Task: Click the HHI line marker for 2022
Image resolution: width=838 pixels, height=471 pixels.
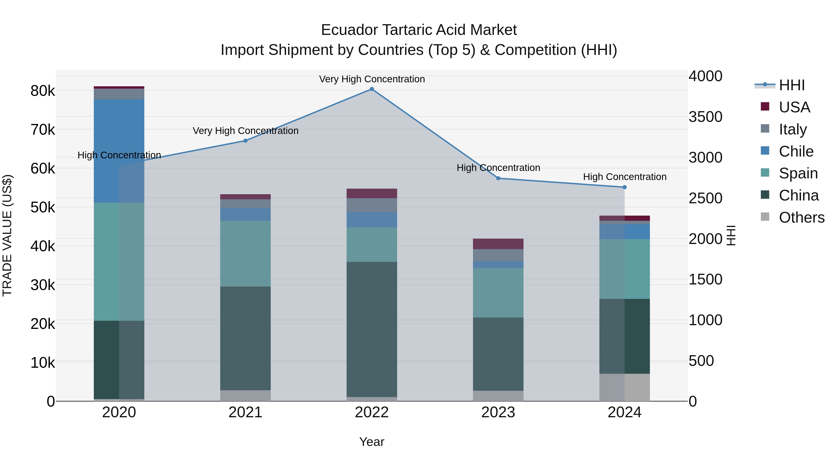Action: pos(372,89)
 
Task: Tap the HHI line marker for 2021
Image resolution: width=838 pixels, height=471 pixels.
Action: pos(246,141)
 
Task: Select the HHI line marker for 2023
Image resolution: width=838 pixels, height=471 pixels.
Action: pos(498,178)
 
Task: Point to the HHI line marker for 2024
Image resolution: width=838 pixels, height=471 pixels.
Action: pos(625,187)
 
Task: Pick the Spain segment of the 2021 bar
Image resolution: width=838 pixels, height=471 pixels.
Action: pos(246,254)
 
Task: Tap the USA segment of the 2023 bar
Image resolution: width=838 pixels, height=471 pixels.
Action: pos(498,244)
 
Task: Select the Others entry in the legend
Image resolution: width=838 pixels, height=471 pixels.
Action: pos(801,217)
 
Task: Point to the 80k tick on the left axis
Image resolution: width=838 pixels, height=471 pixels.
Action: pos(43,91)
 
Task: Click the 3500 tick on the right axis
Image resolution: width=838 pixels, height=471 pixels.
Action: pos(705,117)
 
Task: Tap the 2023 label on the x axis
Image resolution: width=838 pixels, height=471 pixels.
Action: pos(498,412)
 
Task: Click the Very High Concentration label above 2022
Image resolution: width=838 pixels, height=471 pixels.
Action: pos(372,79)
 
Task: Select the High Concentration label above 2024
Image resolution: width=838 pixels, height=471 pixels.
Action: pos(625,177)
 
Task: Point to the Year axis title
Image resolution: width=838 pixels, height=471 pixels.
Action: pos(372,442)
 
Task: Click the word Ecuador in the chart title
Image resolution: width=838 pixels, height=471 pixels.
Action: pos(349,30)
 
